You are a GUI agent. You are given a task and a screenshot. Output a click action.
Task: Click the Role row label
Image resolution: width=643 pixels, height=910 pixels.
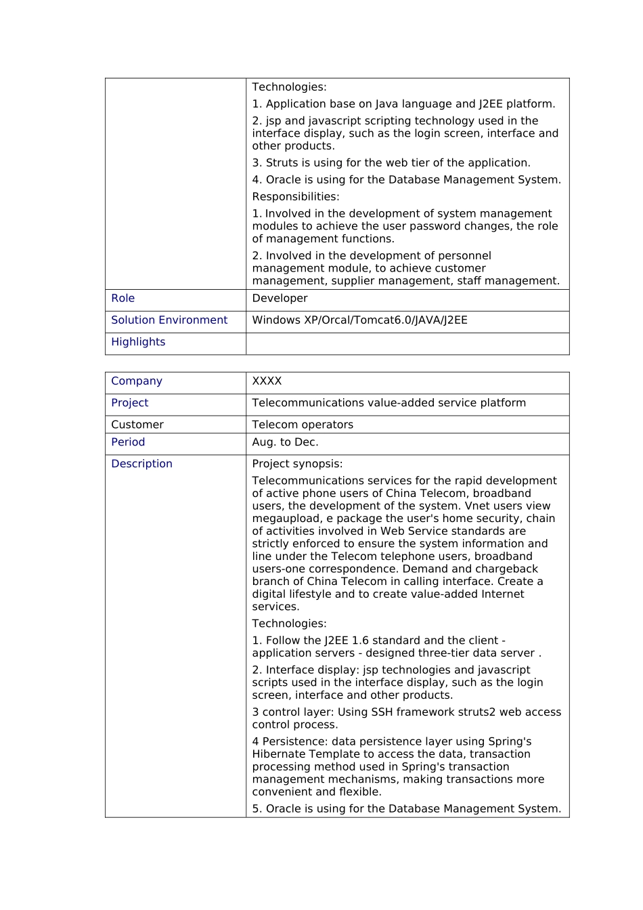click(x=123, y=299)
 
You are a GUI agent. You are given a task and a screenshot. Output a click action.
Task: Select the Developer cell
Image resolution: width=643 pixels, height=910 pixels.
click(x=280, y=299)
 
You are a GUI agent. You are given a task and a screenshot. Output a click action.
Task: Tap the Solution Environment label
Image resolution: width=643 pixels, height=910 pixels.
click(x=169, y=320)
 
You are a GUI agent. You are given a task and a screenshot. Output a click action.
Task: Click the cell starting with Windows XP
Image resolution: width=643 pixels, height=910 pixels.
click(x=359, y=320)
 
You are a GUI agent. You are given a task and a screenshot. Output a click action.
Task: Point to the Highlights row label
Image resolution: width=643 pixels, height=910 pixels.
click(x=138, y=342)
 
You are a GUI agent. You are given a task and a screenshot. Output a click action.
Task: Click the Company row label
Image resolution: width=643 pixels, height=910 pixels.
click(x=137, y=381)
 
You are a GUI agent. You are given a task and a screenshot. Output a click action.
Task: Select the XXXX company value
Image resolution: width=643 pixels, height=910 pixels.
click(x=267, y=381)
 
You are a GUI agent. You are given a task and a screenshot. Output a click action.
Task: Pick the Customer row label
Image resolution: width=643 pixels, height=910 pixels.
click(x=137, y=425)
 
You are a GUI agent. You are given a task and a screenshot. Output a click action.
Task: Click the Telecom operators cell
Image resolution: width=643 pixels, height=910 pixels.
click(x=303, y=425)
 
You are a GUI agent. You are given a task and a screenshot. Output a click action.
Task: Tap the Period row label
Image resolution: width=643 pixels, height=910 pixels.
click(x=128, y=442)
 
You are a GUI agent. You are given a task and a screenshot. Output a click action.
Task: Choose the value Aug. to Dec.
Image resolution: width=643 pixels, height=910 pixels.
click(x=285, y=442)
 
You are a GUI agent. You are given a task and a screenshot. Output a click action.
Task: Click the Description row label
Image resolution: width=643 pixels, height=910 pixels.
click(x=141, y=464)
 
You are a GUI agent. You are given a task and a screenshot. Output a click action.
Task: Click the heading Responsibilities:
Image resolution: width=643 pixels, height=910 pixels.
click(x=296, y=197)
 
